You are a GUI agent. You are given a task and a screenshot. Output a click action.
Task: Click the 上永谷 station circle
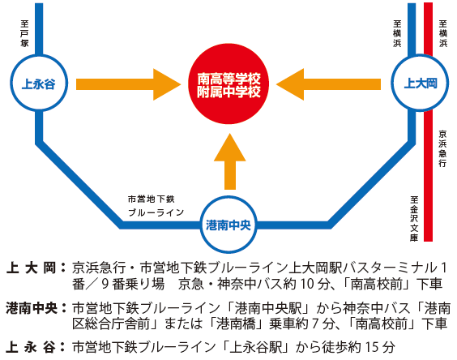(x=11, y=83)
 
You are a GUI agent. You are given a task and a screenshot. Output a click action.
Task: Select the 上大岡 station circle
(x=391, y=83)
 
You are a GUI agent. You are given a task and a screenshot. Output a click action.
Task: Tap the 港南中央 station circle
(x=201, y=225)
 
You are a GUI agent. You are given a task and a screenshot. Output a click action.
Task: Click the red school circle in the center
(x=228, y=84)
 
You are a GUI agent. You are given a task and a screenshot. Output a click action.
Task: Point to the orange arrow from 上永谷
(x=128, y=84)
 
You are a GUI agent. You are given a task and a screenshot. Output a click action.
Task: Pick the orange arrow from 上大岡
(x=328, y=84)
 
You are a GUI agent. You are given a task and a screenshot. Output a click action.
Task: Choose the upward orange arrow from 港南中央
(x=229, y=161)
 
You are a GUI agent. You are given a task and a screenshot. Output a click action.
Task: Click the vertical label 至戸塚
(x=24, y=33)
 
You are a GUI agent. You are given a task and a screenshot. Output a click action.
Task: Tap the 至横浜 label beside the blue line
(x=397, y=33)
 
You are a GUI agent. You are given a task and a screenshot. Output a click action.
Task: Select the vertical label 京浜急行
(x=442, y=148)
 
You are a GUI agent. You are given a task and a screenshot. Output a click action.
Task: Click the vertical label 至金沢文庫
(x=414, y=219)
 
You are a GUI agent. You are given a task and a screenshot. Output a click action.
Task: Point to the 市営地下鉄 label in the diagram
(x=151, y=199)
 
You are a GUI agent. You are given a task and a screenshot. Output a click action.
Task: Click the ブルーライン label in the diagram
(x=156, y=212)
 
